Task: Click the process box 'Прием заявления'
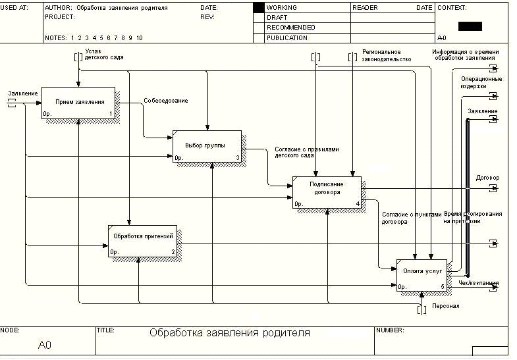[78, 103]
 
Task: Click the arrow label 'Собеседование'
[166, 101]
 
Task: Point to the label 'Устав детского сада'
[104, 54]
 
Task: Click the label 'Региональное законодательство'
[387, 55]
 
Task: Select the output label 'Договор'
[487, 178]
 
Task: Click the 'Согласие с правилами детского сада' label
[306, 153]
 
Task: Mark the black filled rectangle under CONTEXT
[470, 26]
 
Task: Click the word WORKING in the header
[281, 8]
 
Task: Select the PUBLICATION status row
[286, 38]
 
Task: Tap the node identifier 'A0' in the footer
[45, 345]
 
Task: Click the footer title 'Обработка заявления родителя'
[230, 333]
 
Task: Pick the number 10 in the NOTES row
[139, 38]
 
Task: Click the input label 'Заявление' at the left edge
[22, 93]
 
